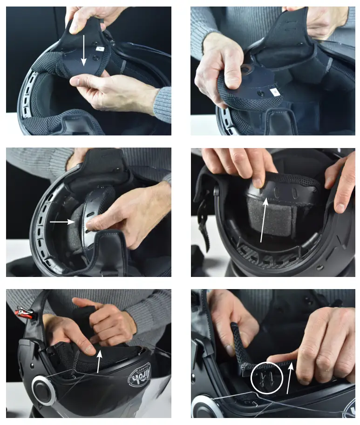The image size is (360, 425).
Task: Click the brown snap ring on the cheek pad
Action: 245,70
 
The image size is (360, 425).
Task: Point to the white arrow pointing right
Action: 62,223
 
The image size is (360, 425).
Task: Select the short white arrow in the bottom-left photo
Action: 99,361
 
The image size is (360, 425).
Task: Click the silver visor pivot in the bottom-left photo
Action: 44,390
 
